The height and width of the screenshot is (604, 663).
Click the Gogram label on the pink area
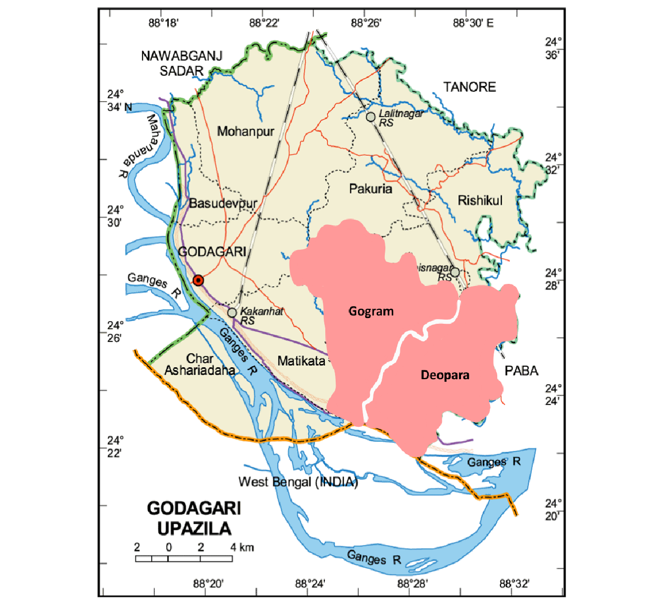371,311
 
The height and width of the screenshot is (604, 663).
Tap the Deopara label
445,375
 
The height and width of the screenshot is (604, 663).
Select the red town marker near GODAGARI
198,280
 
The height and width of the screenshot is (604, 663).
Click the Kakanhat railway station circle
232,312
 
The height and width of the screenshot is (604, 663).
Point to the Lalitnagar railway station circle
370,117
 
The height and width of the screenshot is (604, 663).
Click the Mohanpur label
245,132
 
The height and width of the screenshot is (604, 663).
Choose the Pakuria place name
370,189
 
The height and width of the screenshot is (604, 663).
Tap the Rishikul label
480,200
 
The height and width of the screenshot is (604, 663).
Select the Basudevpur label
223,203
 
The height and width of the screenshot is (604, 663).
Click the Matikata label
301,361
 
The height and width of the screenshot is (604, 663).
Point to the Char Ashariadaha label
199,365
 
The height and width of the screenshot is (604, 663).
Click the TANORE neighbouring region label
469,87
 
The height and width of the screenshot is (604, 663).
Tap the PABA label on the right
521,371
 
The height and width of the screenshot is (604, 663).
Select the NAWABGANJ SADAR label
181,63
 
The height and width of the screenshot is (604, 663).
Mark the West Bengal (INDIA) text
298,482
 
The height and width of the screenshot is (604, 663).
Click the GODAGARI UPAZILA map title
194,518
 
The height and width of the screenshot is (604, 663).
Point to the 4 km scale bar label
242,547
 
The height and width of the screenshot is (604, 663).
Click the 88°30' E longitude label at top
473,23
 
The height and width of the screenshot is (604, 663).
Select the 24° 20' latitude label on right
552,510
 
